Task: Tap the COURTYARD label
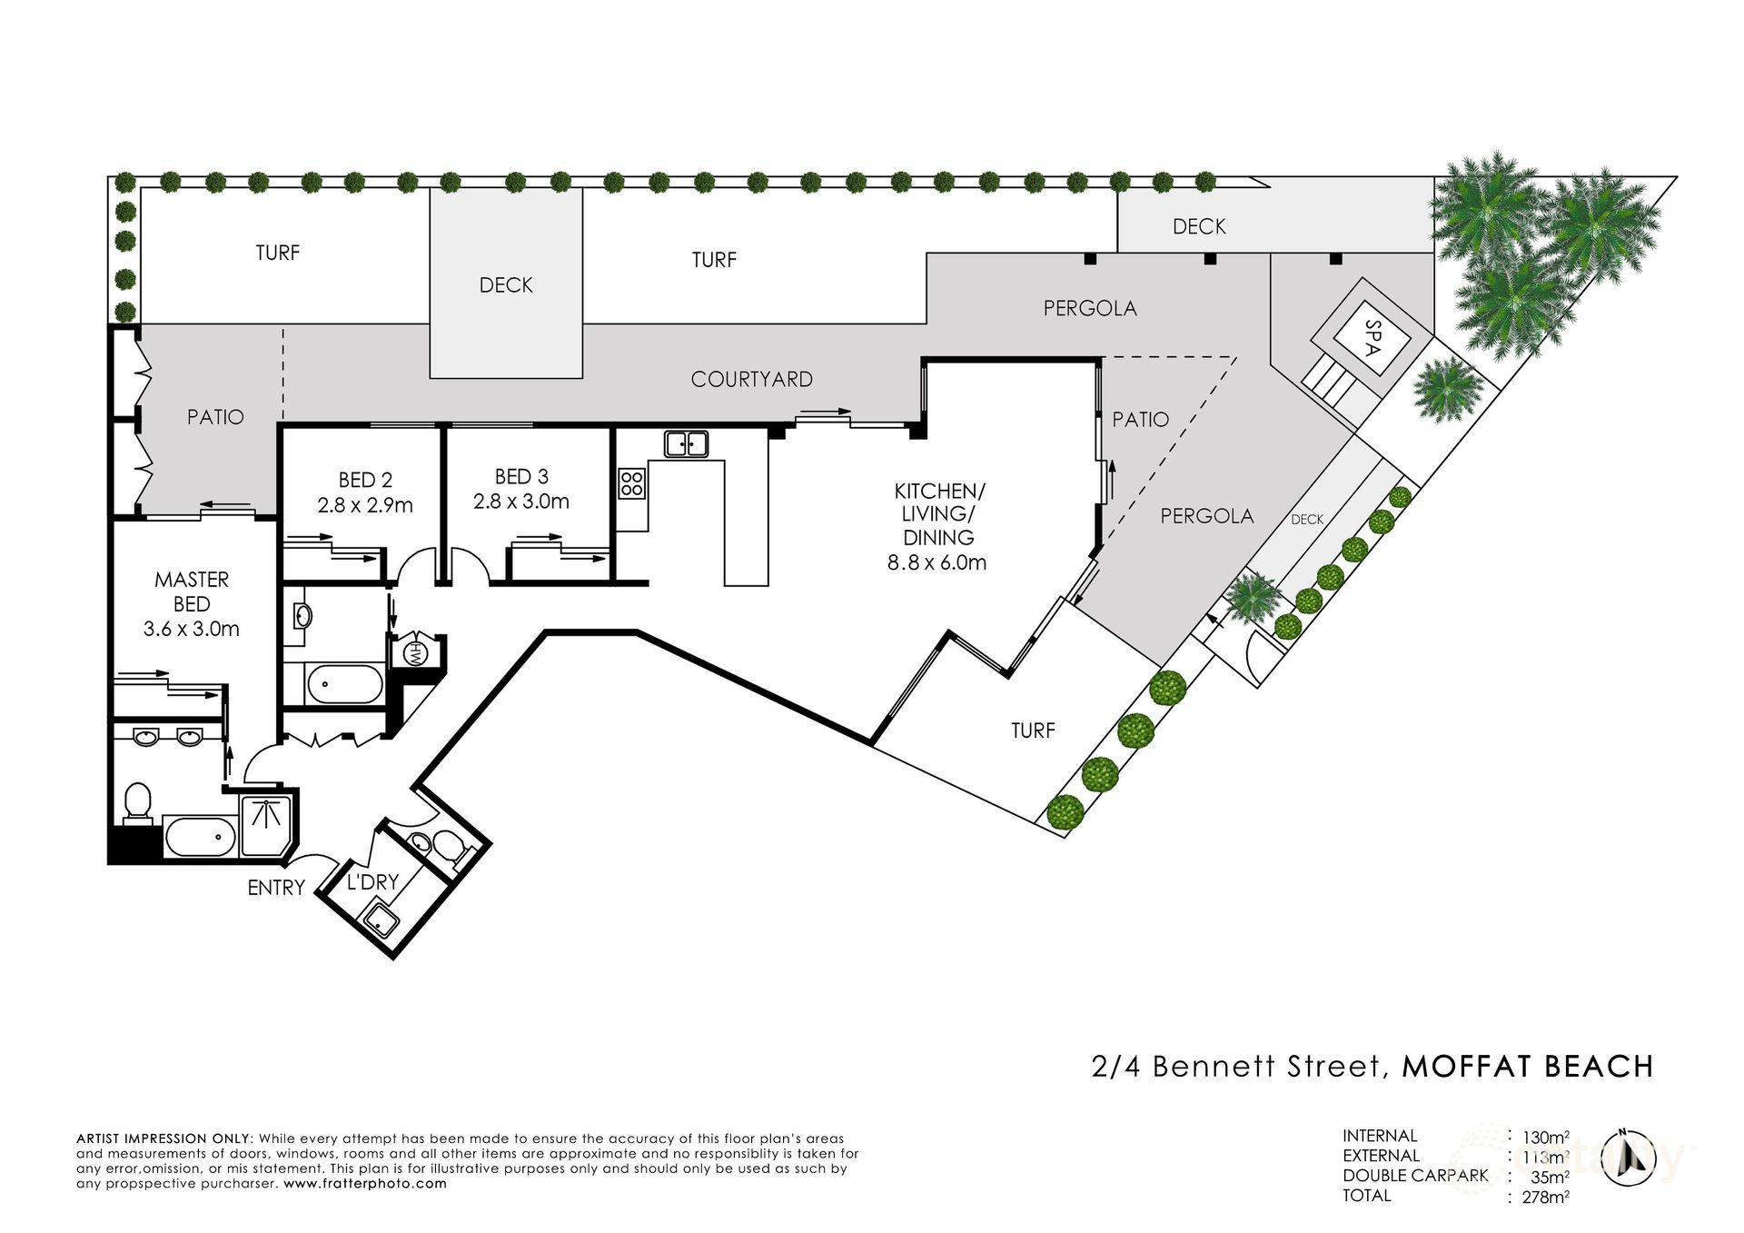751,380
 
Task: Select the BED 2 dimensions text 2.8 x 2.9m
365,505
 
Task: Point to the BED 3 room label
521,476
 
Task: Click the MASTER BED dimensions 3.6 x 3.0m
192,629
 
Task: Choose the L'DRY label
373,881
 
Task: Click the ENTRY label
276,888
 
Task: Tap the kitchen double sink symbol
687,443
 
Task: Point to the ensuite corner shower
266,826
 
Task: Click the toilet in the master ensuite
137,803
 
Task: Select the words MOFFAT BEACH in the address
1528,1066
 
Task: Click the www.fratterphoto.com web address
365,1184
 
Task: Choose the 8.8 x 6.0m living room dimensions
936,562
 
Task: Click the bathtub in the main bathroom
345,684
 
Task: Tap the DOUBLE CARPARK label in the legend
1415,1176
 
